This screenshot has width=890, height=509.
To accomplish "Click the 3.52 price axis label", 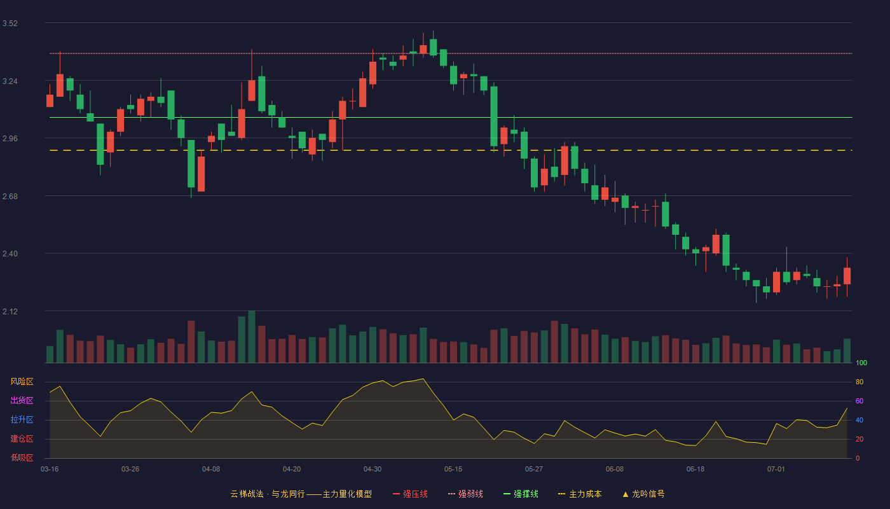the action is [10, 24].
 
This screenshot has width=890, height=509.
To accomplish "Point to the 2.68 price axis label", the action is [10, 197].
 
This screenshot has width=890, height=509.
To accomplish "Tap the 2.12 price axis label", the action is [10, 311].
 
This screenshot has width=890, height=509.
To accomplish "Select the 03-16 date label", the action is [50, 470].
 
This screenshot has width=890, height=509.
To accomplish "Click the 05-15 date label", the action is [453, 470].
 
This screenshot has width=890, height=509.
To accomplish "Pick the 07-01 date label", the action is [776, 470].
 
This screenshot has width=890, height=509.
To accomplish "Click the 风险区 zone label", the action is [22, 382].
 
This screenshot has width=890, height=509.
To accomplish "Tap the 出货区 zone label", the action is [22, 400].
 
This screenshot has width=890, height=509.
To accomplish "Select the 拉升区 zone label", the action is [22, 419].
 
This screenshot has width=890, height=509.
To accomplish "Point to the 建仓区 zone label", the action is [22, 438].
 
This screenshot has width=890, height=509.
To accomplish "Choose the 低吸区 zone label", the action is [22, 457].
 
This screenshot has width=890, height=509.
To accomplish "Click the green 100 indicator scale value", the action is [861, 363].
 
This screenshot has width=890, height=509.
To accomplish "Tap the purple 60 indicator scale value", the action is [859, 401].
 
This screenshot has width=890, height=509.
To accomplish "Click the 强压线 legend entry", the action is [410, 494].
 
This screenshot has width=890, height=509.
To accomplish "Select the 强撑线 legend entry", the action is [521, 494].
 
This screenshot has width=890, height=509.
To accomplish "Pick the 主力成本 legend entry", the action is [580, 494].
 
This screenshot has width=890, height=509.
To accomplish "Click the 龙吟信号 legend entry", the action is [643, 494].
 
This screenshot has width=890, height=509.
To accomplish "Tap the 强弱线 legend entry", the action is [465, 494].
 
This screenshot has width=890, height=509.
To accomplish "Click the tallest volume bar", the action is [252, 337].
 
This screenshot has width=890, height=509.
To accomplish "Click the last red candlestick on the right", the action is [847, 276].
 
